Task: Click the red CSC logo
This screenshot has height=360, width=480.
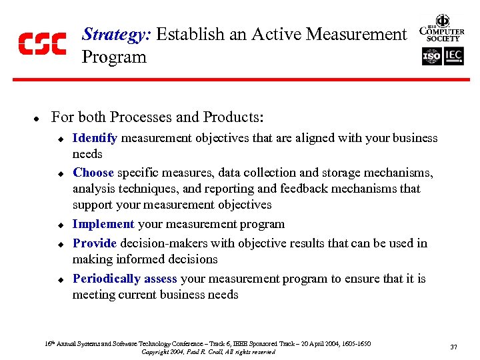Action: click(42, 43)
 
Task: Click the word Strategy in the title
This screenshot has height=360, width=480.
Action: click(116, 34)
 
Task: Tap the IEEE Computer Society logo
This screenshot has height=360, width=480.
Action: click(441, 29)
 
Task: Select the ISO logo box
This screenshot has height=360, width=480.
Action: click(431, 57)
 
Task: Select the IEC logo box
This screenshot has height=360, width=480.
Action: click(454, 57)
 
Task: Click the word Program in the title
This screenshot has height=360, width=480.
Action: click(114, 57)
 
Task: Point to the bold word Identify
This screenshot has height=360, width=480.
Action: click(95, 138)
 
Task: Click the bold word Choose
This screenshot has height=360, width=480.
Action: click(93, 173)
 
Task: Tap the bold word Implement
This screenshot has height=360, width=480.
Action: click(103, 224)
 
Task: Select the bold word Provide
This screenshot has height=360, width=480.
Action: click(95, 243)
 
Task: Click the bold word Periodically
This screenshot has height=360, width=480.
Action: click(106, 279)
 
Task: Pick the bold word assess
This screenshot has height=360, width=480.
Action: click(160, 279)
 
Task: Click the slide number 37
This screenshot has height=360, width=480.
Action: click(454, 347)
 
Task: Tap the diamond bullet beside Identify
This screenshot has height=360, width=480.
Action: click(59, 139)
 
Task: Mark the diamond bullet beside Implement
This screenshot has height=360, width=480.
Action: click(59, 225)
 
